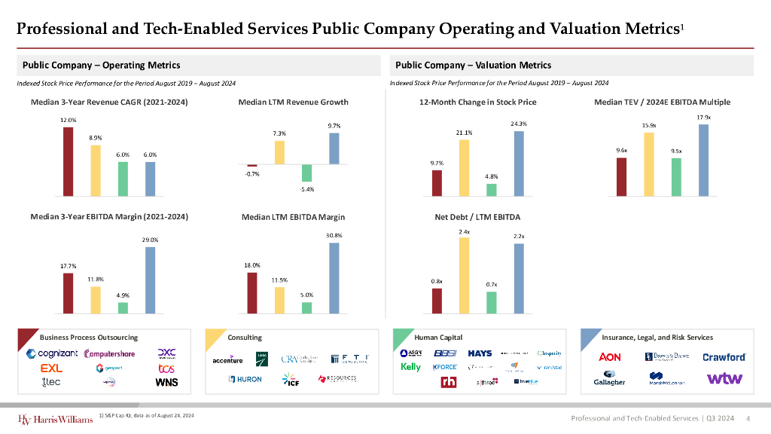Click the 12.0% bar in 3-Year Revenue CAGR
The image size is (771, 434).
68,160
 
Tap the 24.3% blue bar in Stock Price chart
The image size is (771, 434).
518,163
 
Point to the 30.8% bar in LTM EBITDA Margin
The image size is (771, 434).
334,277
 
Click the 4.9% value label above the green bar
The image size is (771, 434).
123,295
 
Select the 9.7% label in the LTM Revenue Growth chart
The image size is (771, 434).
334,126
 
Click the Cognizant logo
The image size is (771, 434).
52,354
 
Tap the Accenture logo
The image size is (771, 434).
227,360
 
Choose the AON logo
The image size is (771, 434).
610,356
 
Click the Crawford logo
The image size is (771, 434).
724,357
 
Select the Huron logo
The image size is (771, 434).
245,379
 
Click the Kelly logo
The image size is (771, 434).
411,367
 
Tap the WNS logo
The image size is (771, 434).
166,383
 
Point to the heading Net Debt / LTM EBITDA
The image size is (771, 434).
477,218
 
